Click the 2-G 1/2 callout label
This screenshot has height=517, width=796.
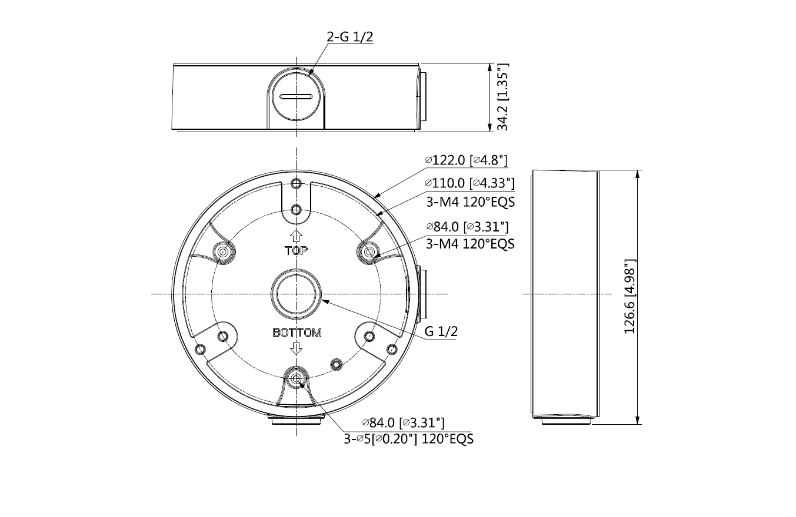(x=350, y=36)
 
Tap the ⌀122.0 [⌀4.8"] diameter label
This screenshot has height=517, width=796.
(x=466, y=160)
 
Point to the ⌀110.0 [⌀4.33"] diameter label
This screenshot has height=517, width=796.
(x=469, y=184)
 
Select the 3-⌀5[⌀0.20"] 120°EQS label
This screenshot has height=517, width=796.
(x=409, y=439)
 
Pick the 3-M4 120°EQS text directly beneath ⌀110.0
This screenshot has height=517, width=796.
(x=470, y=202)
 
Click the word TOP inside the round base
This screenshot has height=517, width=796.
(x=297, y=251)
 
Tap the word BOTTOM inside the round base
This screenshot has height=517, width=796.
(x=297, y=333)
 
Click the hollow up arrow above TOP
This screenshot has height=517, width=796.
(x=297, y=236)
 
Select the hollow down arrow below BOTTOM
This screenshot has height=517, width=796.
(x=297, y=348)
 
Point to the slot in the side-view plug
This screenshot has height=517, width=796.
(x=297, y=96)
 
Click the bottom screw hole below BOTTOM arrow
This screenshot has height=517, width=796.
(x=297, y=380)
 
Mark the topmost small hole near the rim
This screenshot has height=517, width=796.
(x=297, y=184)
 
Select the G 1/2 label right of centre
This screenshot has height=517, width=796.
(x=441, y=331)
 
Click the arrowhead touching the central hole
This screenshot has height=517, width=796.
(x=323, y=301)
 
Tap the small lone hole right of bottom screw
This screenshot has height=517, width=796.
(x=336, y=364)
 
